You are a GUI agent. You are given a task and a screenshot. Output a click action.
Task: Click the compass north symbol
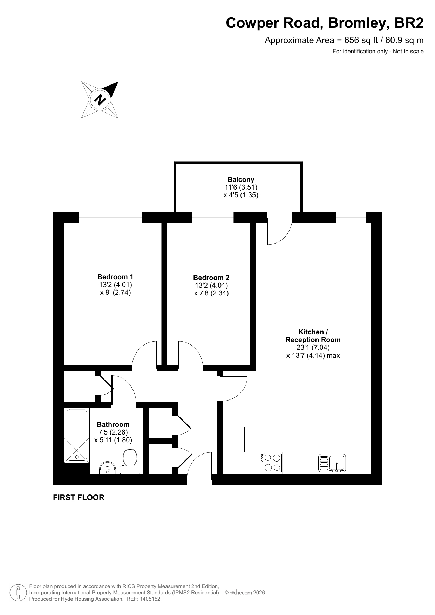[100, 100]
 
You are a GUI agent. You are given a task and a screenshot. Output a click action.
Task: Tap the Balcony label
[241, 180]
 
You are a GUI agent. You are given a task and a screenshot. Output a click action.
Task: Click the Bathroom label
[113, 424]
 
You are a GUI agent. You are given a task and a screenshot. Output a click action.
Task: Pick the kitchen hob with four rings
[272, 463]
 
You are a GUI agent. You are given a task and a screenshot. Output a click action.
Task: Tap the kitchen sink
[332, 463]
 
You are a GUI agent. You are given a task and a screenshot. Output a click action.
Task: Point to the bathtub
[77, 435]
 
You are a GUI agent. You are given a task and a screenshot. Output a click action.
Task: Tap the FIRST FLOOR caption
[79, 498]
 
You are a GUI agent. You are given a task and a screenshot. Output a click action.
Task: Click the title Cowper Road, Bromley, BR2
[325, 23]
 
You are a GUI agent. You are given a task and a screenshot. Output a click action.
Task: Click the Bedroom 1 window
[110, 218]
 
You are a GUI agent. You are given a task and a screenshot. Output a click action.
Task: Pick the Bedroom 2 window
[213, 218]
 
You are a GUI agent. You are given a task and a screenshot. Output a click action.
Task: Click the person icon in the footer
[18, 593]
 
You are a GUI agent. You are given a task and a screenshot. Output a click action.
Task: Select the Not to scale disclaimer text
[408, 52]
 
